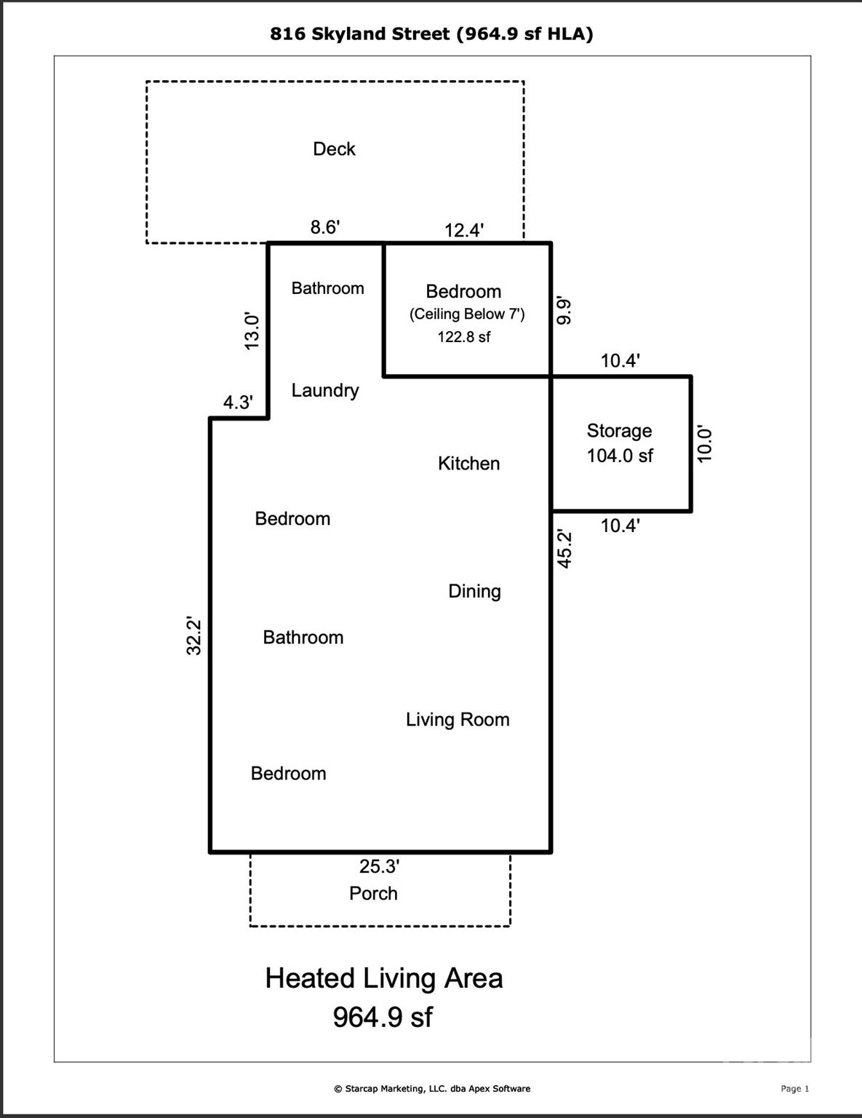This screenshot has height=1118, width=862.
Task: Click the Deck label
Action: click(334, 149)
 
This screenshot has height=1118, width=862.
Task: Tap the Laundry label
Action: click(325, 391)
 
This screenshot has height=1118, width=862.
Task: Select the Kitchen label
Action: click(468, 464)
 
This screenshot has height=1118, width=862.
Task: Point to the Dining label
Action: click(474, 591)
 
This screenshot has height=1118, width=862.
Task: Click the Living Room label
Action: click(458, 720)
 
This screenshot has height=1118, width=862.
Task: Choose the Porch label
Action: click(373, 894)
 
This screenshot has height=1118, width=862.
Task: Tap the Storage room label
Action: click(619, 431)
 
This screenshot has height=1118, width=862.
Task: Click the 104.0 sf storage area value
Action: click(620, 456)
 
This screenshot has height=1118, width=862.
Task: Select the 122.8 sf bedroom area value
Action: click(464, 337)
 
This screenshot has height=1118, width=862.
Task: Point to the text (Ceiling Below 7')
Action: click(467, 314)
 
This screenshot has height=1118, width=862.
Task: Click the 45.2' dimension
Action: click(564, 549)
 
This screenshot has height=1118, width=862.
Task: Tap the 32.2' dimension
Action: click(194, 636)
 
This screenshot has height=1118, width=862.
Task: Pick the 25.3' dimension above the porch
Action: click(379, 867)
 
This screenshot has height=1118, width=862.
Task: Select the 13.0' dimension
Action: click(252, 331)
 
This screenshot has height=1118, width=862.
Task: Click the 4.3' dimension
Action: click(238, 403)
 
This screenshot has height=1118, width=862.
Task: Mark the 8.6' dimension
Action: click(325, 227)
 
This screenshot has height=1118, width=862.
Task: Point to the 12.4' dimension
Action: click(464, 231)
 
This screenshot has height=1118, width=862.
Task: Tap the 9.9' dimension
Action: click(564, 311)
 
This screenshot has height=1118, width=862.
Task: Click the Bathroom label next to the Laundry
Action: click(327, 288)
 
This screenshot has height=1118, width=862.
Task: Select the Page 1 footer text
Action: click(794, 1089)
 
